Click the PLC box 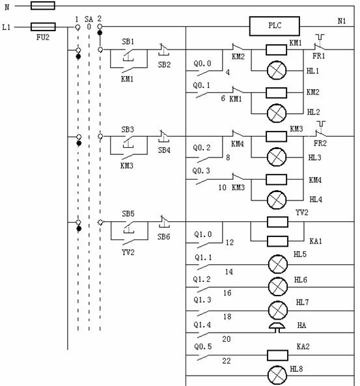click(x=274, y=26)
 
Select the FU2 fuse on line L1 click(x=43, y=27)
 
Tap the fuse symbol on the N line click(x=43, y=5)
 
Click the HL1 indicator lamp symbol click(x=277, y=71)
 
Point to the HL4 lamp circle click(x=277, y=200)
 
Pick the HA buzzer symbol click(x=277, y=328)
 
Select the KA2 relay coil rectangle click(x=277, y=355)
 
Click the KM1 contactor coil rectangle click(x=276, y=49)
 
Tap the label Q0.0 click(x=202, y=64)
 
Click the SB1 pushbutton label click(x=128, y=42)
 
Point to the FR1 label click(x=318, y=56)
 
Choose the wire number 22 click(x=227, y=361)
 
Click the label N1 click(x=342, y=21)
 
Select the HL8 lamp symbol click(x=277, y=376)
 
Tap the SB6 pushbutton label click(x=164, y=237)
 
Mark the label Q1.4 click(x=202, y=325)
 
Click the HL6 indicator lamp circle click(x=278, y=287)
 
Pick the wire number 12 click(x=230, y=243)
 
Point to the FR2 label click(x=320, y=143)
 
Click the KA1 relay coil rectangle click(x=277, y=241)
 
